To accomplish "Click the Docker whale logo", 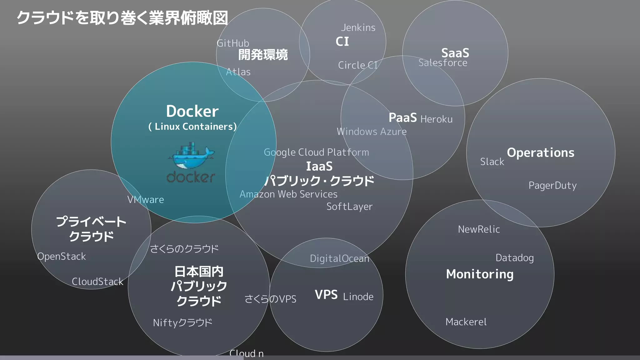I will pyautogui.click(x=191, y=156).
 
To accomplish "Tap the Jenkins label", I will pyautogui.click(x=358, y=28).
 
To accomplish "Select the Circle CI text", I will pyautogui.click(x=358, y=65).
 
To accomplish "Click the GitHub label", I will pyautogui.click(x=233, y=43).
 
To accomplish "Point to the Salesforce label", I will pyautogui.click(x=443, y=63).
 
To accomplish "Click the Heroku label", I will pyautogui.click(x=436, y=119).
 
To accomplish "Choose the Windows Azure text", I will pyautogui.click(x=372, y=132).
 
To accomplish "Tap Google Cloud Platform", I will pyautogui.click(x=316, y=152).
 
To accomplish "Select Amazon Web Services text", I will pyautogui.click(x=288, y=194).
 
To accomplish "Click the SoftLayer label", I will pyautogui.click(x=349, y=207).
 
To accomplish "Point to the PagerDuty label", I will pyautogui.click(x=552, y=186).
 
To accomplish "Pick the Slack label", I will pyautogui.click(x=492, y=162).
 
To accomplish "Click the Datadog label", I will pyautogui.click(x=514, y=258).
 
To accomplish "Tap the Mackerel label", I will pyautogui.click(x=466, y=322).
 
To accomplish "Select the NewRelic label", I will pyautogui.click(x=479, y=229).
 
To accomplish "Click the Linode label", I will pyautogui.click(x=358, y=297).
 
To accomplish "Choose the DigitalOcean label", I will pyautogui.click(x=339, y=259).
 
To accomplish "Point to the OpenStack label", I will pyautogui.click(x=62, y=257).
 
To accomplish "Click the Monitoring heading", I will pyautogui.click(x=480, y=274).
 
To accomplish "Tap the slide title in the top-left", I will pyautogui.click(x=122, y=18).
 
